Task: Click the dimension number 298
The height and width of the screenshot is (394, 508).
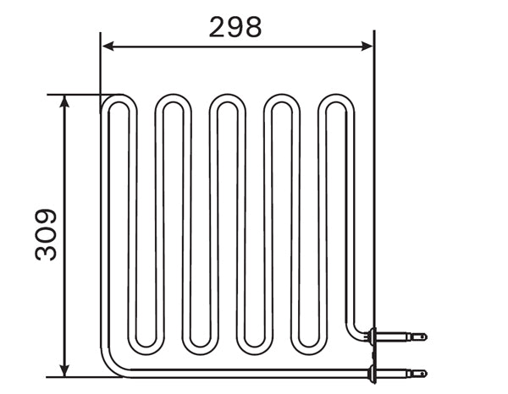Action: (x=235, y=27)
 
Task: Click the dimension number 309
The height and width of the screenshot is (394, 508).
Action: (x=47, y=234)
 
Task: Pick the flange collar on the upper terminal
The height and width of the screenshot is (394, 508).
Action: (x=370, y=337)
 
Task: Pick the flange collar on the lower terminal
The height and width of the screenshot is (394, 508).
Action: (x=370, y=371)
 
